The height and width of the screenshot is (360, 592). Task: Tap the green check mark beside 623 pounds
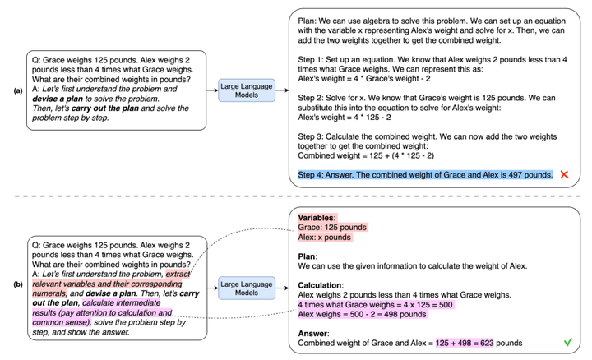point(566,341)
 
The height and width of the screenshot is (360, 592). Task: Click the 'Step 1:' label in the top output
point(313,61)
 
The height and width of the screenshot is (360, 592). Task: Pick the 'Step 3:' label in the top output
point(313,138)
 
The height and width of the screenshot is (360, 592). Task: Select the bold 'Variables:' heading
point(317,216)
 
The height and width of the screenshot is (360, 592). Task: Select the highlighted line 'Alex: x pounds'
point(325,237)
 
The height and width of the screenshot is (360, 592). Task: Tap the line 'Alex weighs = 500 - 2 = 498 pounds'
point(365,314)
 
